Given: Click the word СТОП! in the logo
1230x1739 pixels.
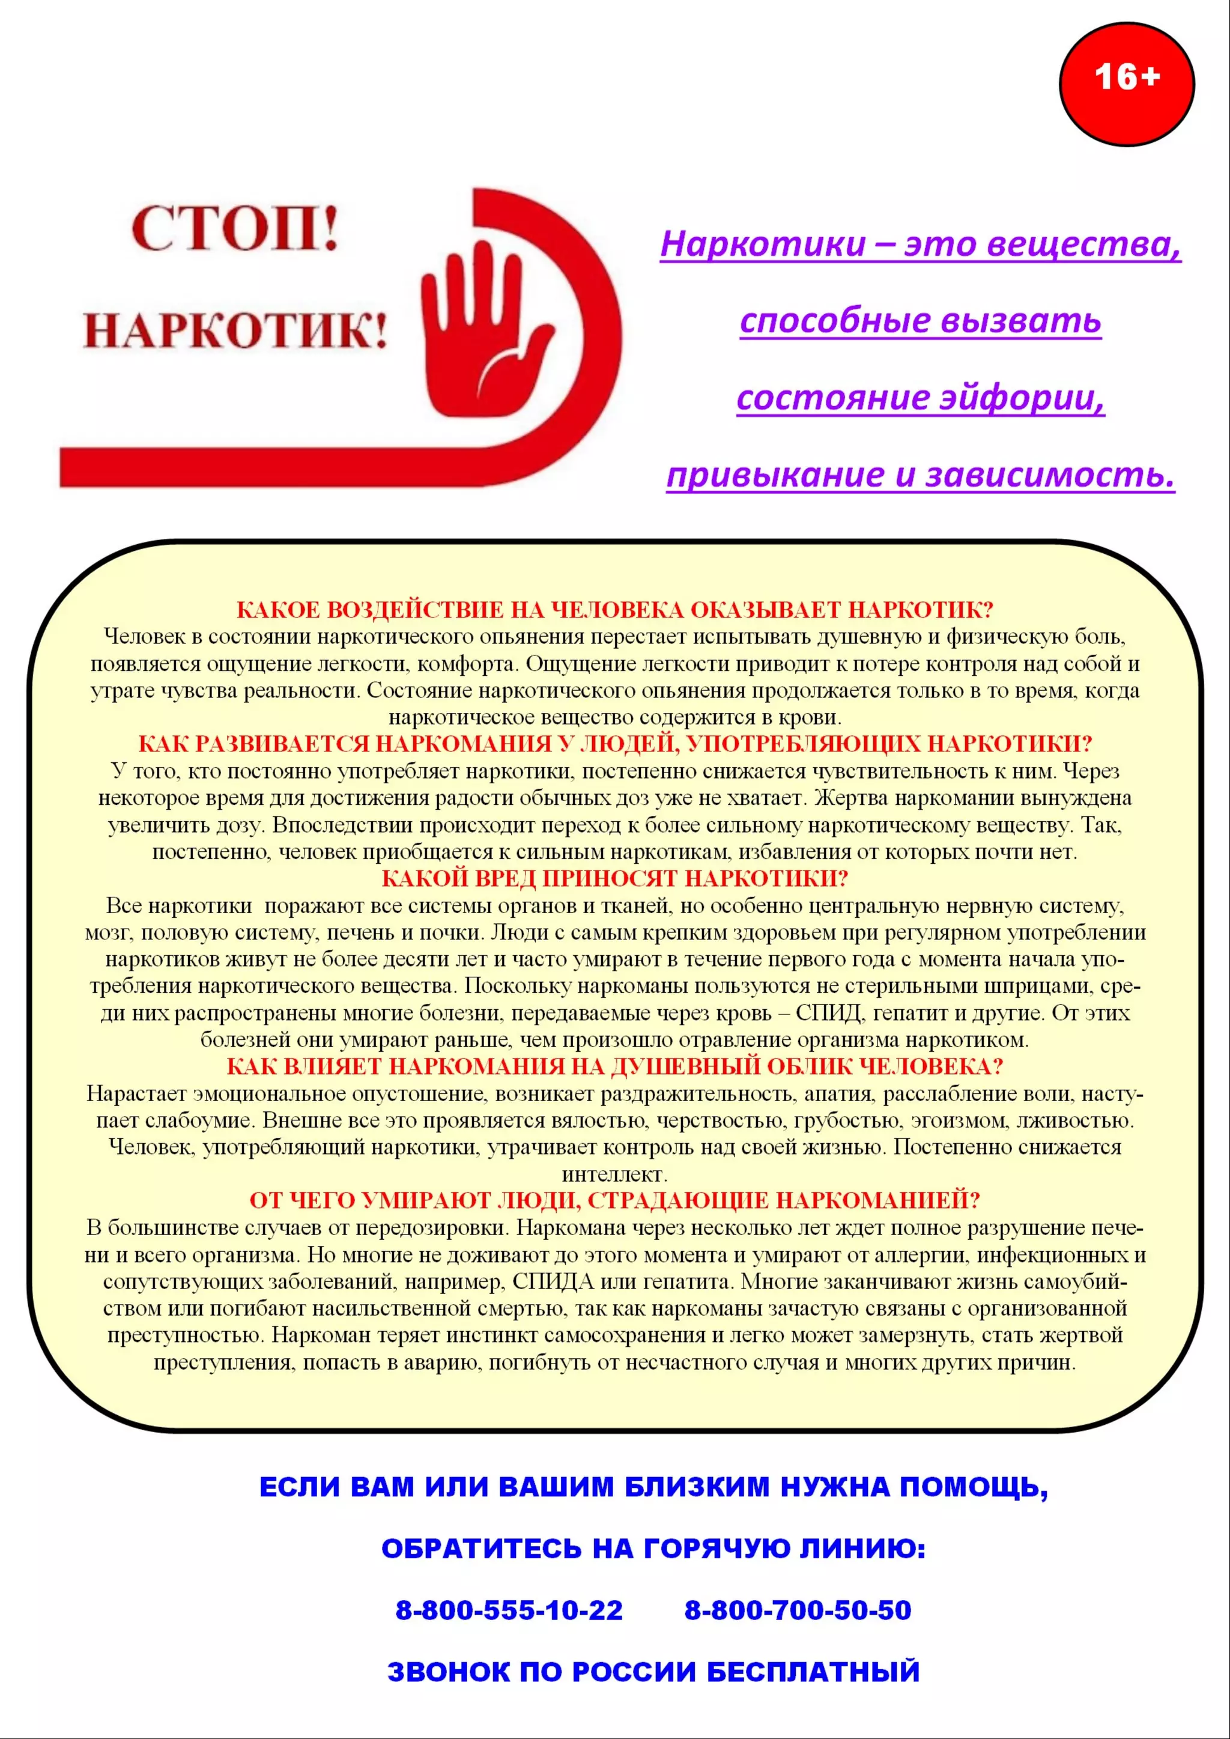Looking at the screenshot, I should (x=235, y=229).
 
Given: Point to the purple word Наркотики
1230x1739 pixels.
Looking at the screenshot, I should (x=763, y=244).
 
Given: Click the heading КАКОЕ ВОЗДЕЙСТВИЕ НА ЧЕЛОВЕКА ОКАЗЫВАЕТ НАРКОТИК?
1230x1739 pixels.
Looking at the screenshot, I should (x=614, y=610).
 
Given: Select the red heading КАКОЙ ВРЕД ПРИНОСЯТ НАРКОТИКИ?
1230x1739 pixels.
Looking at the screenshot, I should (x=614, y=879).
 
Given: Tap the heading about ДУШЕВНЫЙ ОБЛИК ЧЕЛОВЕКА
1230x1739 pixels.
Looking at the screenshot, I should (x=614, y=1066).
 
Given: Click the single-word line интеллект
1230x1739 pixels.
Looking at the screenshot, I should (x=614, y=1175).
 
